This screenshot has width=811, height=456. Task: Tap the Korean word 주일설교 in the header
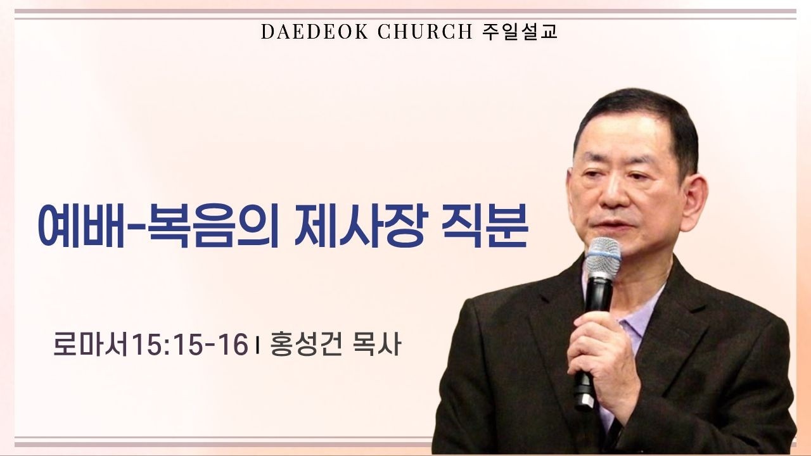click(x=520, y=32)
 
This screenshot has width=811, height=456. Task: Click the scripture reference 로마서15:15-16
click(x=150, y=346)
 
